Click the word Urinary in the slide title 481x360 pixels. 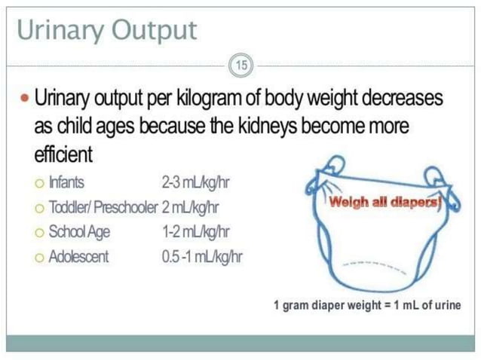click(58, 30)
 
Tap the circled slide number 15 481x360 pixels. click(241, 66)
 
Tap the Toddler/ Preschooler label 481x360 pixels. click(103, 206)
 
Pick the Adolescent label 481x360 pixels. click(78, 256)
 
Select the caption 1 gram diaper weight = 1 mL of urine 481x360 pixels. click(367, 305)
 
